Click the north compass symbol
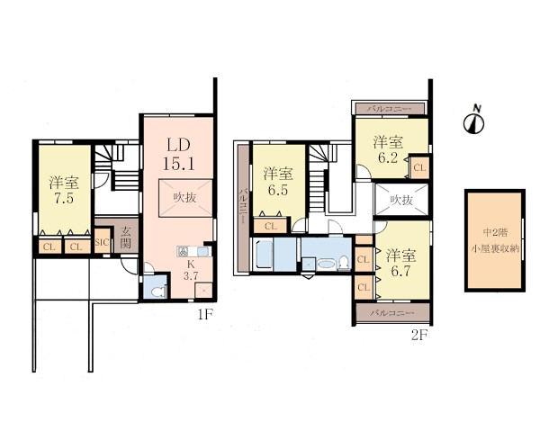click(x=474, y=122)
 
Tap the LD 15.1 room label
click(x=178, y=155)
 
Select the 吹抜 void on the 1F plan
click(x=184, y=198)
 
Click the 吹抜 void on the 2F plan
click(x=401, y=200)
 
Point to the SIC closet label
click(x=102, y=242)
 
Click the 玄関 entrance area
click(x=126, y=238)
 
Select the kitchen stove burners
click(x=183, y=252)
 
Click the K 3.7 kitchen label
click(x=191, y=270)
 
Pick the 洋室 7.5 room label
click(x=64, y=190)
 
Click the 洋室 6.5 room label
click(x=278, y=182)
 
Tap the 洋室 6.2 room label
click(x=388, y=149)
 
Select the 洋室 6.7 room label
click(x=400, y=263)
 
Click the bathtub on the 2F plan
click(x=265, y=255)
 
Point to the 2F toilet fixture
click(x=344, y=263)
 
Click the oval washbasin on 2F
click(x=326, y=265)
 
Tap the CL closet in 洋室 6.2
click(x=419, y=167)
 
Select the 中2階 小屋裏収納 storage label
click(x=495, y=240)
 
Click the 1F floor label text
click(x=205, y=314)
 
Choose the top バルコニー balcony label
click(x=389, y=109)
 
